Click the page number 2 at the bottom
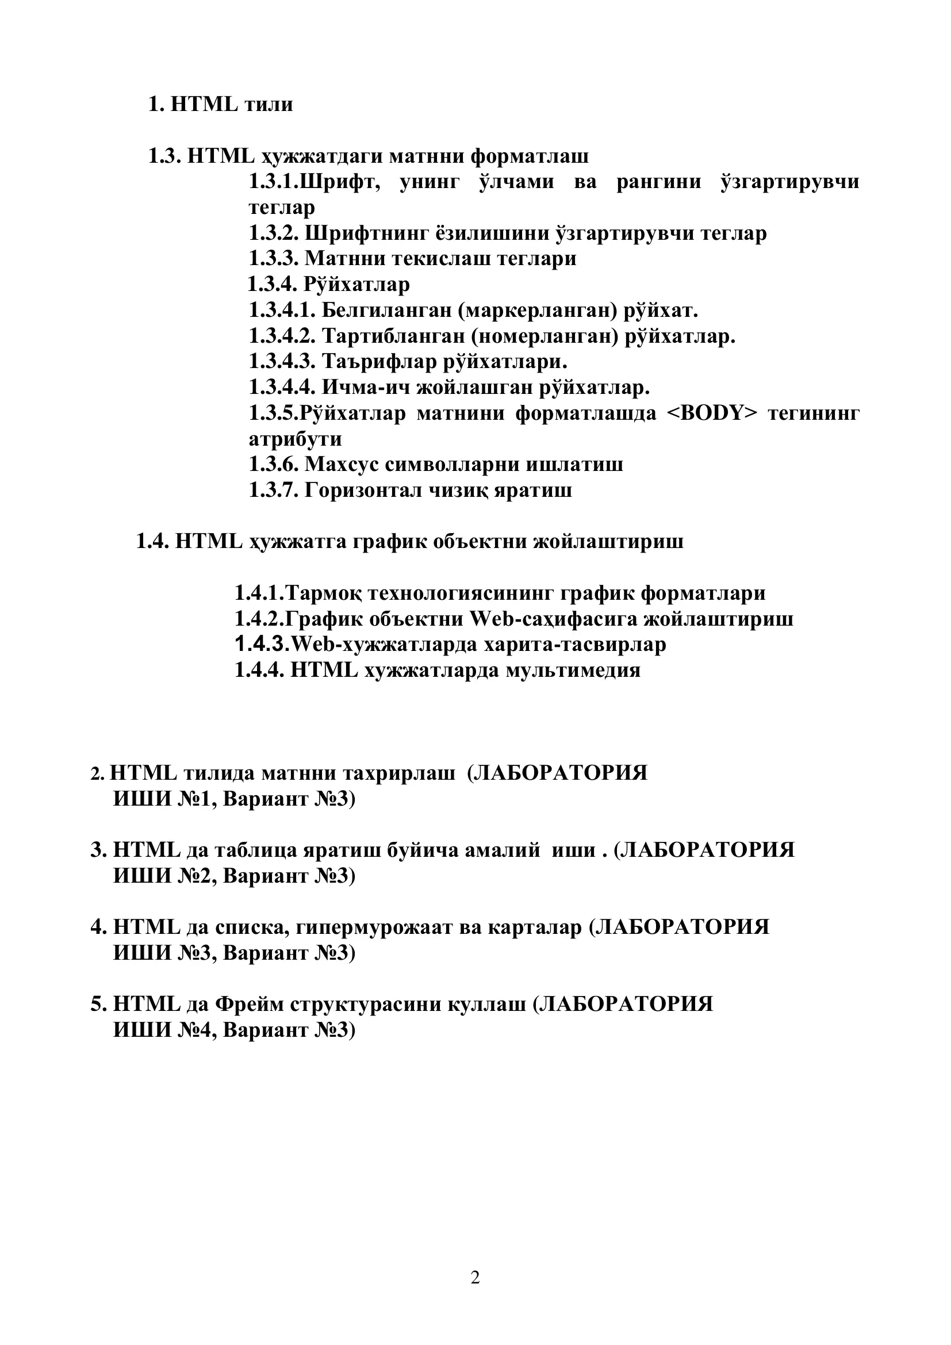[x=475, y=1278]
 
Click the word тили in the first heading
[x=268, y=104]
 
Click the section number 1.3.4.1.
[x=282, y=310]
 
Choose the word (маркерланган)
[x=538, y=310]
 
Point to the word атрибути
[x=295, y=439]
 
